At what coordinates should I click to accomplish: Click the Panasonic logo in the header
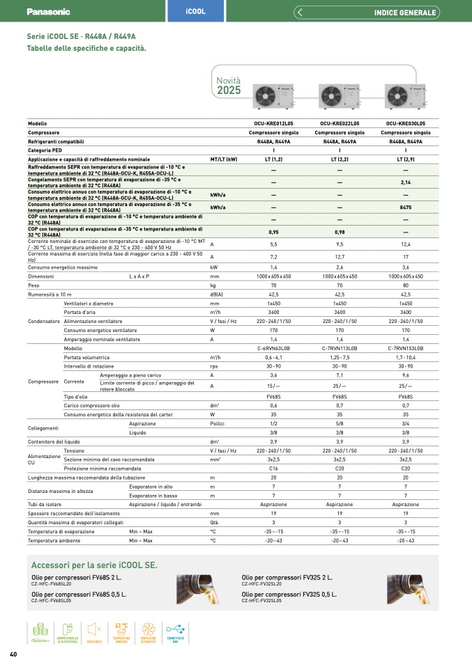48,12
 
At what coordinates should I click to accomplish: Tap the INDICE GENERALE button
404,13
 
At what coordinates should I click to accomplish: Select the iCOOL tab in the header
195,12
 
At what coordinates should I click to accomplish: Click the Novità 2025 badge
229,86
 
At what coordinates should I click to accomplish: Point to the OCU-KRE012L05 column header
273,123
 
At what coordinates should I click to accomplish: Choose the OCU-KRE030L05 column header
405,123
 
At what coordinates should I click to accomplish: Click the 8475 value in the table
405,207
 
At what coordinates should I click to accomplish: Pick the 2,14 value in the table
405,182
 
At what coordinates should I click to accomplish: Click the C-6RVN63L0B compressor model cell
273,347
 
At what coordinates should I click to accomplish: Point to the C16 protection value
273,469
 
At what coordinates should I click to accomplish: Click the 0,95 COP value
273,232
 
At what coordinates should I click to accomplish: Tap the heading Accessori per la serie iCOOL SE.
95,565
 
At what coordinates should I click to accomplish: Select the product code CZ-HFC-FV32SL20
264,583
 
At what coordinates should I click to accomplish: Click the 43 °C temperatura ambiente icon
121,634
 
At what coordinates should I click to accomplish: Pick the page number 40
13,653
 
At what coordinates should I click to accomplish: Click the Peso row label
34,285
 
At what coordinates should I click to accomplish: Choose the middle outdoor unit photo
338,95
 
